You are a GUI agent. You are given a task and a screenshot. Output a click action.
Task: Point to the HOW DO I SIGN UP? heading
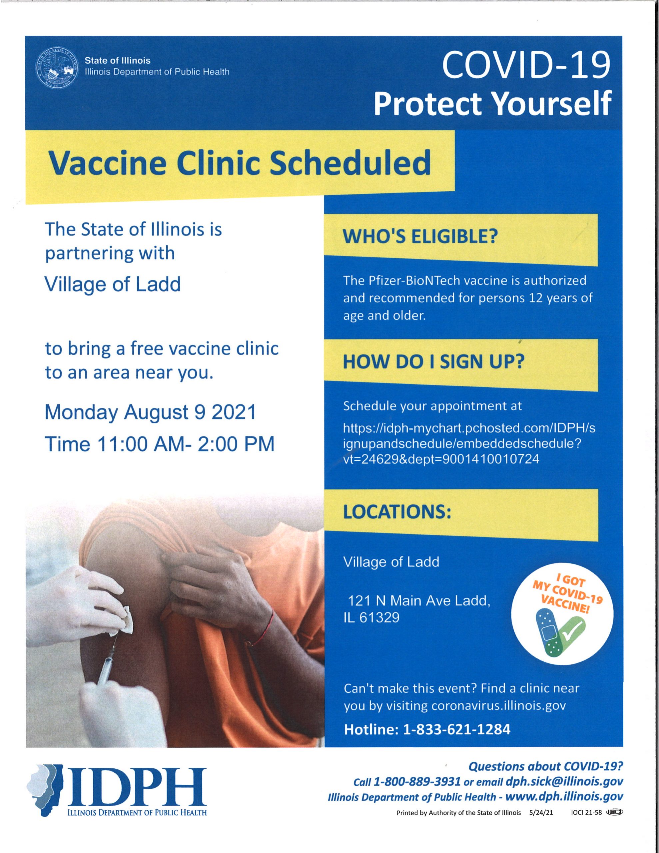433,362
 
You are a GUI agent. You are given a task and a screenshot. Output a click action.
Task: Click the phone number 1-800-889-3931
417,782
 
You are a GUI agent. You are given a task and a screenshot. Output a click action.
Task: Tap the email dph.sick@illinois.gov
564,782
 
